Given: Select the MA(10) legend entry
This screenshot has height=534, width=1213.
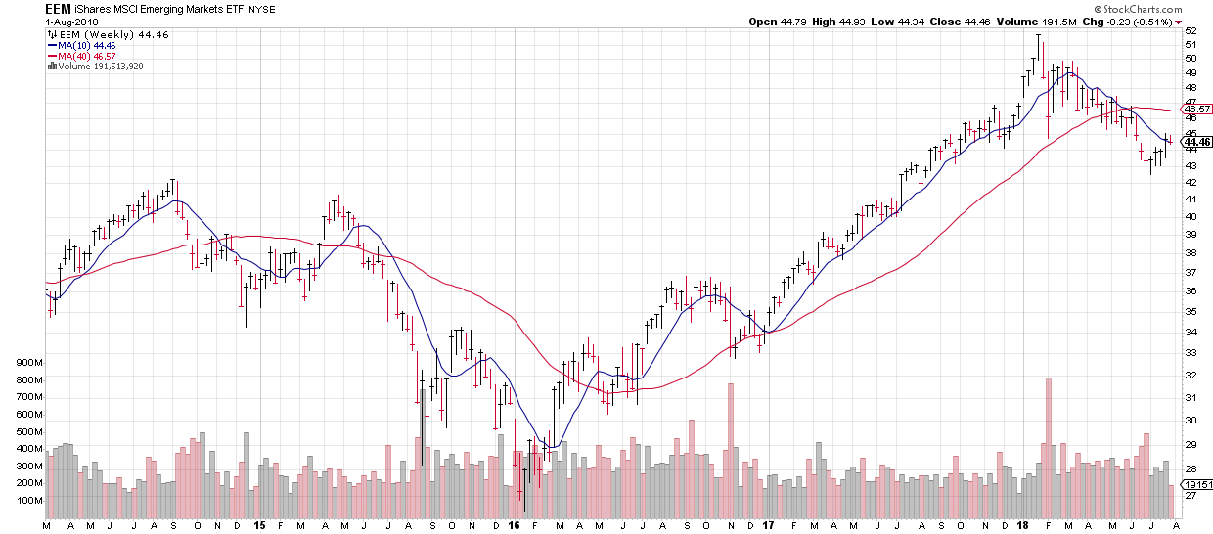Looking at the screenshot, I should (x=84, y=44).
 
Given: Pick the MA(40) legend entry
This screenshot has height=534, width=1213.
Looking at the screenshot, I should (x=84, y=56).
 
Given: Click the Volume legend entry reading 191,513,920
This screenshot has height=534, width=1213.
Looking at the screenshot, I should (x=101, y=67).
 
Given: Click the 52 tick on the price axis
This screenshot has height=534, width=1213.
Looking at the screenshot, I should (x=1191, y=31).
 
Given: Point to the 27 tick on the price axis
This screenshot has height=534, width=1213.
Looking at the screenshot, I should (x=1191, y=495).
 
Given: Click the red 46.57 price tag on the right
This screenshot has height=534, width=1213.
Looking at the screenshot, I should (x=1198, y=109).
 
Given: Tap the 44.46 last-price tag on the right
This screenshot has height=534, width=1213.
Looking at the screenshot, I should (x=1198, y=142).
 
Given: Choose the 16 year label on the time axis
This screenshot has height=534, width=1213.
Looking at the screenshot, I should (x=515, y=525).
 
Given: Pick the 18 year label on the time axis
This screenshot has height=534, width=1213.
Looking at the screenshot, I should (x=1023, y=525).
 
